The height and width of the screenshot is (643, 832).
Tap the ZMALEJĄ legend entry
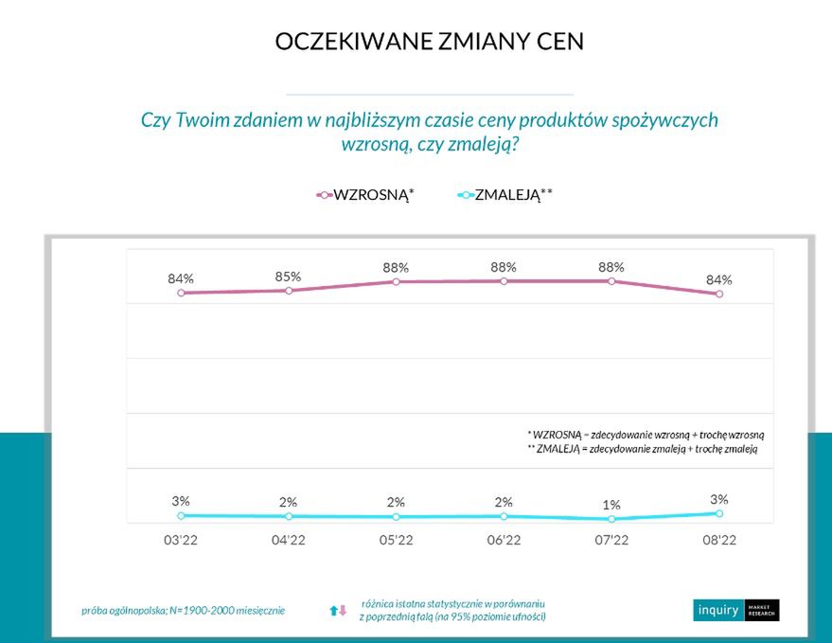(505, 194)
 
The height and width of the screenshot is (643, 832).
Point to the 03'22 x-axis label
(180, 541)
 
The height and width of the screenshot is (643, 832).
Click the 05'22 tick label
(396, 541)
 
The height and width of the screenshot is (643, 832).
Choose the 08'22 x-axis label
(719, 541)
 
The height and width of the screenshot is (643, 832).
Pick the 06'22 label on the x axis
(504, 541)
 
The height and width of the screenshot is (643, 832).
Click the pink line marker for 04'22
(288, 291)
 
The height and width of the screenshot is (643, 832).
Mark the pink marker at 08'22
(719, 294)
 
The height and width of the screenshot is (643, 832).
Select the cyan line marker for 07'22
(611, 519)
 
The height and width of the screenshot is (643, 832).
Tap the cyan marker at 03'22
(181, 515)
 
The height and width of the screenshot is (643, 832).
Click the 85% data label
(288, 277)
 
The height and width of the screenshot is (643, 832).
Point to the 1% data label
(611, 505)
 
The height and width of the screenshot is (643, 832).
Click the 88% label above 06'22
(504, 267)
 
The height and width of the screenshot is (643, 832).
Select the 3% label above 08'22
(719, 499)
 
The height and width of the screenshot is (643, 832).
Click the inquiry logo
(735, 610)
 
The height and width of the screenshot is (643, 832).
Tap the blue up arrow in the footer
(333, 611)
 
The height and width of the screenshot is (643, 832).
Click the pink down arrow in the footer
(344, 611)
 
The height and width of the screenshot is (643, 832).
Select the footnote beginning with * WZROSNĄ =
(646, 433)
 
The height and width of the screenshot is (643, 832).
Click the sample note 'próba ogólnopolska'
(183, 611)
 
